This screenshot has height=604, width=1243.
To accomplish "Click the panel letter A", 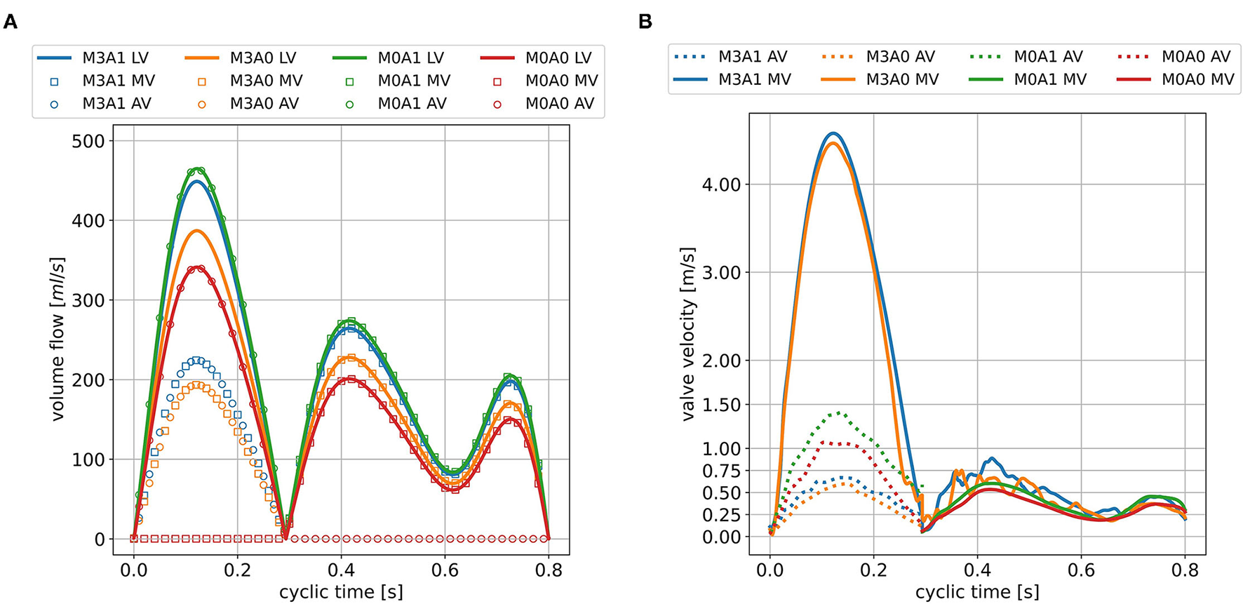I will coord(11,22).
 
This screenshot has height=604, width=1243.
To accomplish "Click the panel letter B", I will coord(645,22).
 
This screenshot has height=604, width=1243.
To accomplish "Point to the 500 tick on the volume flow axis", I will coord(88,141).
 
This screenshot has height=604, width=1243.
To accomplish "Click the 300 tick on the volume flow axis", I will coord(88,300).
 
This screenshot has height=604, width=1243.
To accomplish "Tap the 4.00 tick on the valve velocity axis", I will coord(721,184).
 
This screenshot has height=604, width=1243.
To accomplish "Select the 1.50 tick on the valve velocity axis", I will coord(721,405).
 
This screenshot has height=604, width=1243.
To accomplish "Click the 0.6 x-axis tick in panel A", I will coord(445,570).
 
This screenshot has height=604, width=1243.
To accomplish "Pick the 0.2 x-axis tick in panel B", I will coord(873,570).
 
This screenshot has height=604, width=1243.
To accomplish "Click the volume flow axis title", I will coord(58,339).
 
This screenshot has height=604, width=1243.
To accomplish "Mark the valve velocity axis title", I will coord(688,334).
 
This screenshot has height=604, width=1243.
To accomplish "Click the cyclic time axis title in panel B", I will coord(977,592).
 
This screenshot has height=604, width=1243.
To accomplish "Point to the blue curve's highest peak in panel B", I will coord(833,133).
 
